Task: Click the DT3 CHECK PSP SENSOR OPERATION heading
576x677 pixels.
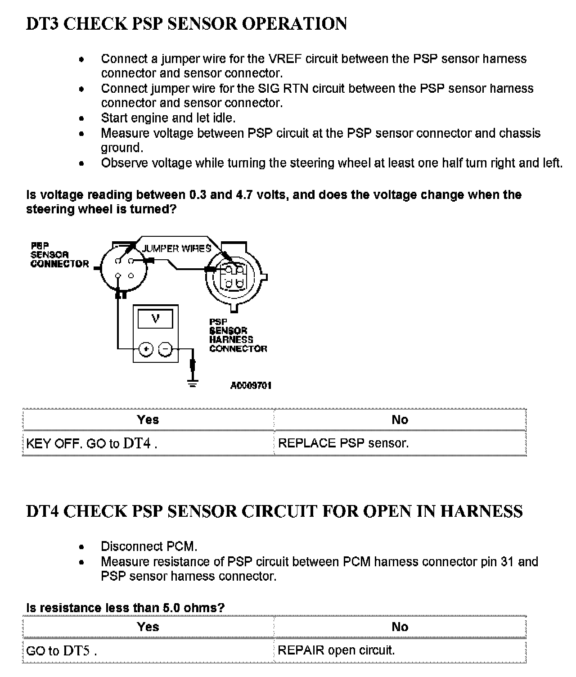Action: pos(186,24)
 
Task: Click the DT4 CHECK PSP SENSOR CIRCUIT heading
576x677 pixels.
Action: pos(274,511)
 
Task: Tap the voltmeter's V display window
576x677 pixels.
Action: pos(155,319)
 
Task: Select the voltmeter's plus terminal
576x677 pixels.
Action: pos(146,349)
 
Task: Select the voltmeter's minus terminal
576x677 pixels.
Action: pos(166,349)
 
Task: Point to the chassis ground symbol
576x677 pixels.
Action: pos(193,384)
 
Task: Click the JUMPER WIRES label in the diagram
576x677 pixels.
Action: pos(176,248)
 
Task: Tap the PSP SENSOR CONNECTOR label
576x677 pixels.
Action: pos(59,255)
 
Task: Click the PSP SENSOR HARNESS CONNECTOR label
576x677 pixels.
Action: pos(238,335)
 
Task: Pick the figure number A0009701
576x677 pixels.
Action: pos(251,386)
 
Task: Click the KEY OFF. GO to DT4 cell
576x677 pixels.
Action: pos(92,443)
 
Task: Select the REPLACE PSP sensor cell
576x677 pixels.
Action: pos(343,443)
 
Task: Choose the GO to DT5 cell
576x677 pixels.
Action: pos(62,651)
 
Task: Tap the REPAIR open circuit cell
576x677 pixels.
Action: pos(336,650)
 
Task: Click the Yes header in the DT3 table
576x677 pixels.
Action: pos(148,420)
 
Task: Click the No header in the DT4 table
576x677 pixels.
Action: pos(400,627)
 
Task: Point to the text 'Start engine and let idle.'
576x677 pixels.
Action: pos(168,118)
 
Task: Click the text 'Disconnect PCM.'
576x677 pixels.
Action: pos(149,547)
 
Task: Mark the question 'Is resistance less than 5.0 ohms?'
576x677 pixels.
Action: pos(125,608)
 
